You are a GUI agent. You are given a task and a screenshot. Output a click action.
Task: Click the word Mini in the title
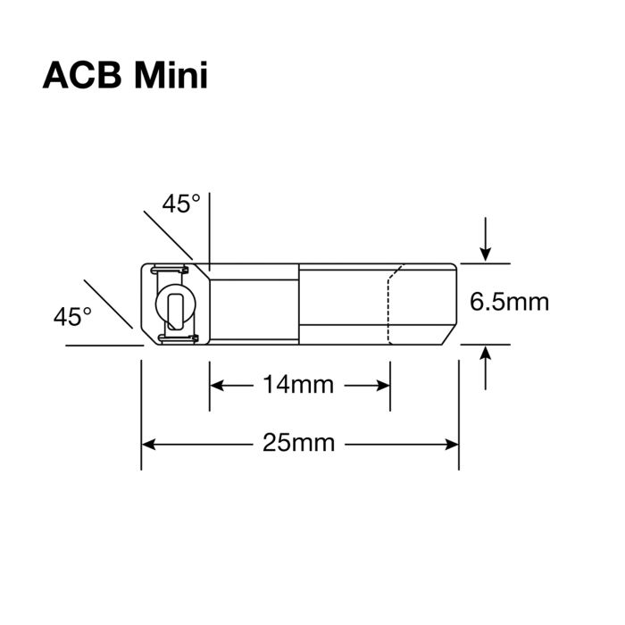tap(171, 77)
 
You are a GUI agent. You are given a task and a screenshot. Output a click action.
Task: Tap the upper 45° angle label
tap(181, 204)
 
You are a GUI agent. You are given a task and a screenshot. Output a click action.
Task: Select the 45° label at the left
tap(72, 316)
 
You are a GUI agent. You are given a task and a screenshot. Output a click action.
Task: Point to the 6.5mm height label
tap(509, 303)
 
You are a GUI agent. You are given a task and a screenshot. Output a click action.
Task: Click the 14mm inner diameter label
tap(298, 385)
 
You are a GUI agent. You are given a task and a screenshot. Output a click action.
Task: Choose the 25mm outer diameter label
tap(299, 442)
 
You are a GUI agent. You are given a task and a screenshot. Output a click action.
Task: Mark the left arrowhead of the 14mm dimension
tap(217, 385)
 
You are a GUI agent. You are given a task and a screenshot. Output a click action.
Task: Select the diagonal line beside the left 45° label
tap(112, 304)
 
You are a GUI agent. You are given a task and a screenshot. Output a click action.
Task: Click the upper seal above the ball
tap(172, 270)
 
